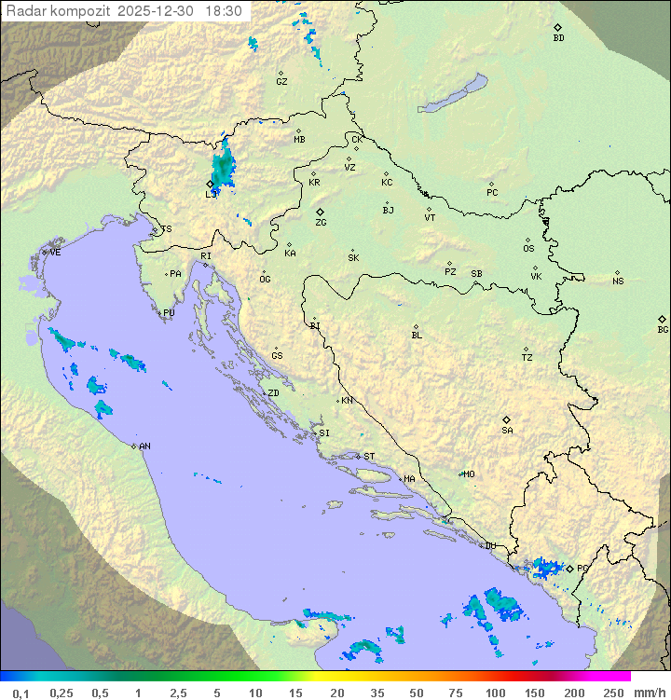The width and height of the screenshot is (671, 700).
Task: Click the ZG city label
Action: click(321, 223)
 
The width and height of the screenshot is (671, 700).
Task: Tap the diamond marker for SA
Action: click(507, 419)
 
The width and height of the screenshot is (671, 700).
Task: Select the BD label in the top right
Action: click(558, 38)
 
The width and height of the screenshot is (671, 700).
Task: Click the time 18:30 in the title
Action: click(224, 11)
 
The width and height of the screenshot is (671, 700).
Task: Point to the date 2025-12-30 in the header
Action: click(157, 11)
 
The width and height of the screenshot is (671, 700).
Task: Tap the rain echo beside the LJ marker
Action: click(224, 170)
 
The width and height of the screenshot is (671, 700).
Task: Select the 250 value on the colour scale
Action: click(612, 693)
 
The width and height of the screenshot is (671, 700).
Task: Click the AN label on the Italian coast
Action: click(144, 446)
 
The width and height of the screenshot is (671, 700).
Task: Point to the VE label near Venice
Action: click(55, 253)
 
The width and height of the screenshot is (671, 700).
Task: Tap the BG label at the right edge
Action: click(663, 330)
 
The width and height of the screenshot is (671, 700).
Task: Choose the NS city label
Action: click(618, 281)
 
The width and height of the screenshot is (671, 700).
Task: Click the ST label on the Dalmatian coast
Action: click(369, 457)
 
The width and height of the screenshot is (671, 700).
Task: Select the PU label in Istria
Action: click(169, 313)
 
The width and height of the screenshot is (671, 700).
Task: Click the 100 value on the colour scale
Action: click(495, 693)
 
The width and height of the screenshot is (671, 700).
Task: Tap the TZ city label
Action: click(527, 358)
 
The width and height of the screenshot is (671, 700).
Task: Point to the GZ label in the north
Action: click(281, 82)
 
